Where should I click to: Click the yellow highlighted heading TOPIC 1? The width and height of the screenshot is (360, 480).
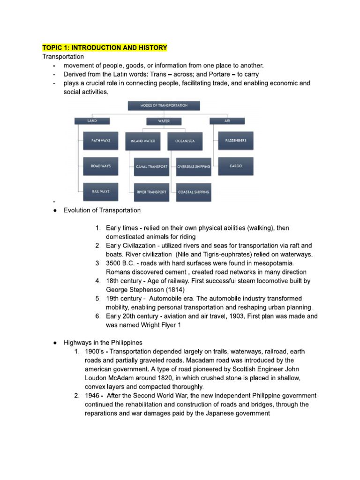tap(105, 48)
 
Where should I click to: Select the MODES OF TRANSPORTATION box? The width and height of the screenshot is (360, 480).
tap(164, 106)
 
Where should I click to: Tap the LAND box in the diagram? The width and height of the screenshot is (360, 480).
tap(92, 120)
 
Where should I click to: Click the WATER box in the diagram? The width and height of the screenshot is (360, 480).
tap(164, 121)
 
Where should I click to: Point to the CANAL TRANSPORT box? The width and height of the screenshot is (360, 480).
tap(151, 166)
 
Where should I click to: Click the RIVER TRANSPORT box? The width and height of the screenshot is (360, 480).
tap(151, 192)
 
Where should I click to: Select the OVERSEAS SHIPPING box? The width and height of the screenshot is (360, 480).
tap(193, 166)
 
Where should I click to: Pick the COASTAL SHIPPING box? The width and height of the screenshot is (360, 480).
tap(193, 192)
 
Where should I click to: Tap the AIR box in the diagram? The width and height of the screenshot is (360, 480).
tap(227, 120)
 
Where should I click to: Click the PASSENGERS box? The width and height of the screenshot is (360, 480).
tap(236, 140)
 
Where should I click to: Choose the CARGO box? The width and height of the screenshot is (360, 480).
tap(236, 166)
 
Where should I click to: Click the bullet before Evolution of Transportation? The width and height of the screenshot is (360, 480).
tap(55, 210)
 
